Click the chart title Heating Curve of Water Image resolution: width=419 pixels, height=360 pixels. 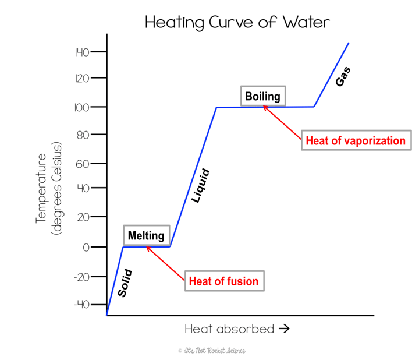(237, 23)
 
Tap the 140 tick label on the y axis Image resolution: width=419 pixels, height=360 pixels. (81, 53)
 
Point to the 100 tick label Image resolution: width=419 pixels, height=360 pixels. (81, 107)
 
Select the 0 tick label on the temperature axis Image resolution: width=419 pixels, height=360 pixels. (86, 247)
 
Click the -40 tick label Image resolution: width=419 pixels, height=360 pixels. (81, 305)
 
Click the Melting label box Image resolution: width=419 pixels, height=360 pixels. (147, 236)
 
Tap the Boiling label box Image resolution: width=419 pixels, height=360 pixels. (262, 97)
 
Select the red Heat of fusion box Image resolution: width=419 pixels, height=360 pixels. (223, 281)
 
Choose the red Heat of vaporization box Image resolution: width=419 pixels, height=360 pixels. (355, 140)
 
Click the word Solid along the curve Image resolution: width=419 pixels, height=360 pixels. (125, 283)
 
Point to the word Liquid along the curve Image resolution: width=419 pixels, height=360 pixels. (201, 186)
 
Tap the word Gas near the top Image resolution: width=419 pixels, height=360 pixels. (343, 76)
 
